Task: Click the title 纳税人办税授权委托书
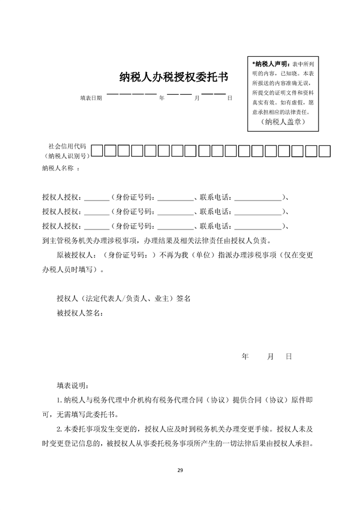pos(174,77)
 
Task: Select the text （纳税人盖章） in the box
pos(283,122)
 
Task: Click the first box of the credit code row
pos(98,151)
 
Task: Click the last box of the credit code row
pos(325,151)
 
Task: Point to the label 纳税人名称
pos(61,169)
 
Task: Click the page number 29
pos(180,470)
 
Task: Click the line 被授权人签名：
pos(79,313)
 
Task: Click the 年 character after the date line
pos(162,98)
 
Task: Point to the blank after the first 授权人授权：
pos(97,198)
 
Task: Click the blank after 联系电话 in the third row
pos(258,227)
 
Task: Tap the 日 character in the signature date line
pos(288,357)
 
